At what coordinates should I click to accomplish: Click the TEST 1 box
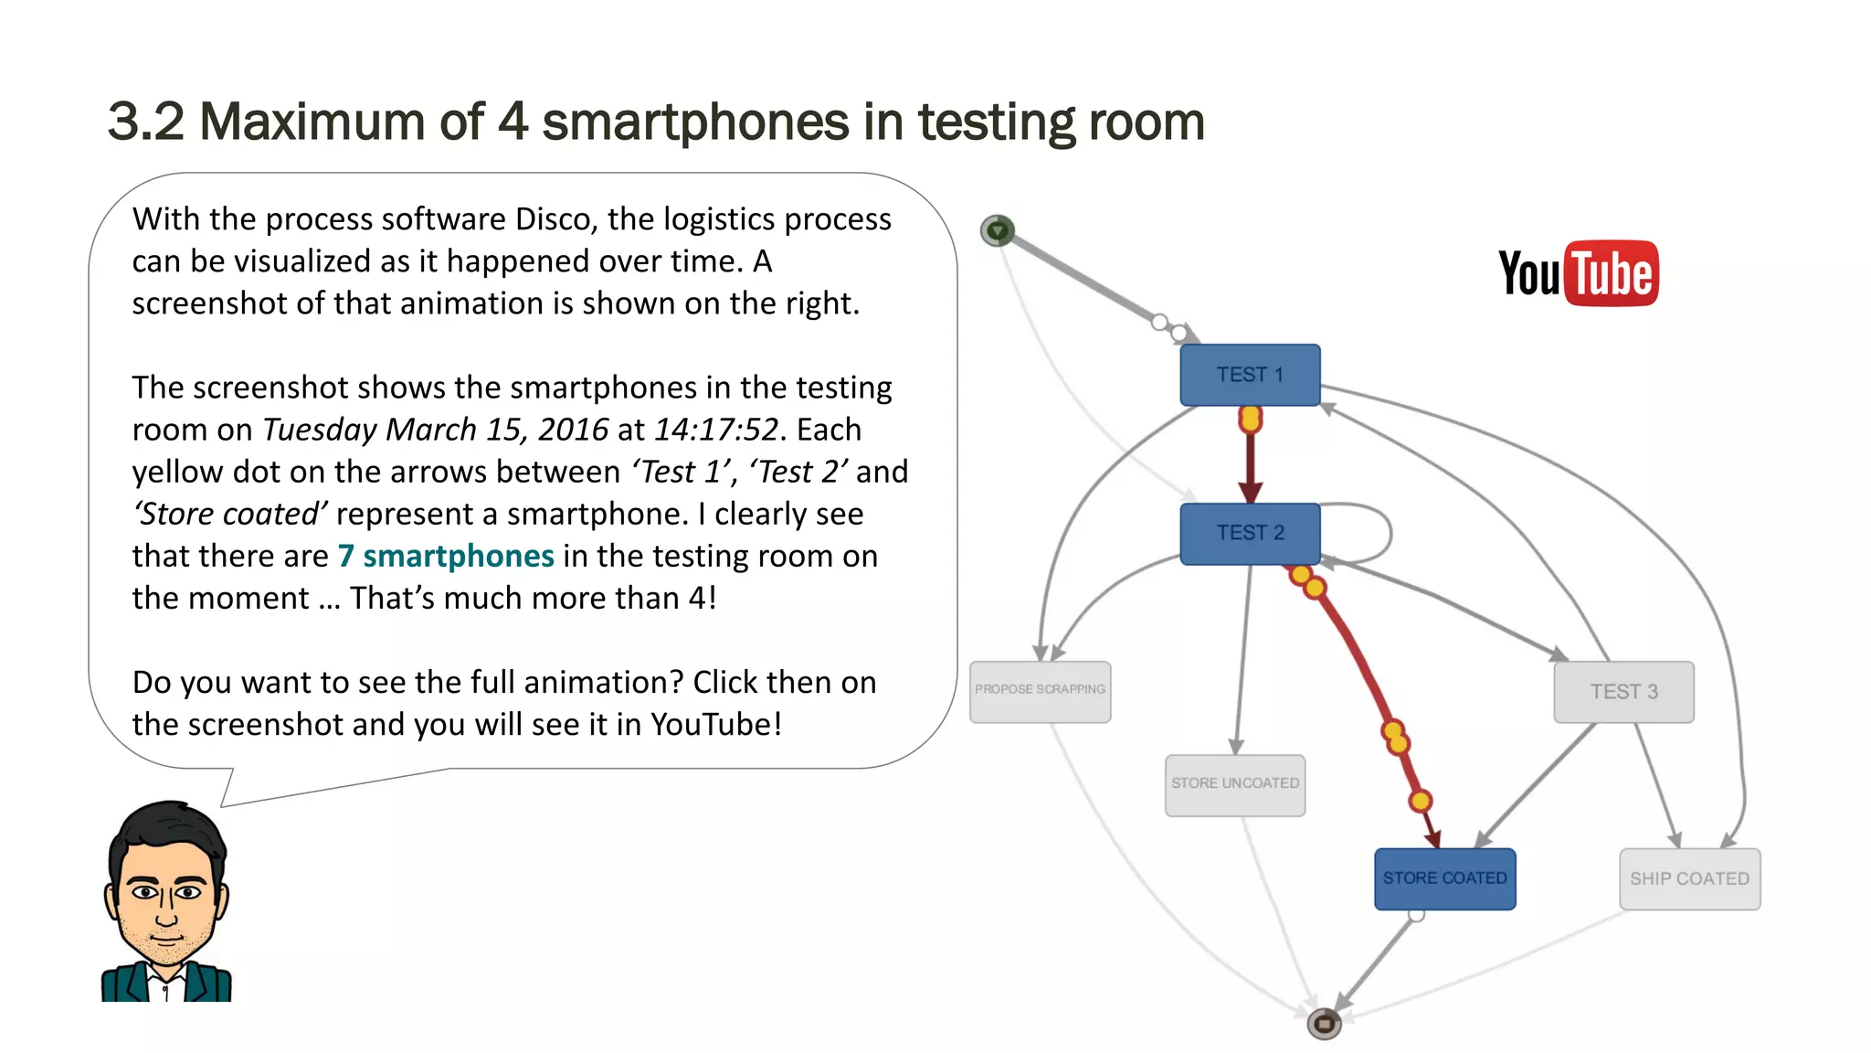coord(1250,375)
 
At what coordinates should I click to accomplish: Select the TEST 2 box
coord(1250,533)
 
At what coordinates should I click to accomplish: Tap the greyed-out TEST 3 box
coord(1623,692)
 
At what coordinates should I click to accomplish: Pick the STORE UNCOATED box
coord(1234,784)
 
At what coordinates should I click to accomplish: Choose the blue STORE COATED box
coord(1444,878)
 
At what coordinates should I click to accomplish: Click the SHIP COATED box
coord(1689,878)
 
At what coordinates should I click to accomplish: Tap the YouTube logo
coord(1579,273)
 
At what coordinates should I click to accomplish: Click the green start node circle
coord(997,230)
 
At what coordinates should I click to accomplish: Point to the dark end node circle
coord(1324,1024)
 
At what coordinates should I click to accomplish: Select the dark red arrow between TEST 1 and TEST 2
coord(1250,462)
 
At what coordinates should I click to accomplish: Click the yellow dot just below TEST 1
coord(1250,420)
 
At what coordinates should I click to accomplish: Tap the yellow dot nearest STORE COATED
coord(1420,802)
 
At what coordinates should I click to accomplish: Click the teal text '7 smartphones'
coord(446,556)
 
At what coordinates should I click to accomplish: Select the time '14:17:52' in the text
coord(716,430)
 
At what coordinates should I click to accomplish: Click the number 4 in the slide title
coord(513,122)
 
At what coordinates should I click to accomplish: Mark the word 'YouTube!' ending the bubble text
coord(716,724)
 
